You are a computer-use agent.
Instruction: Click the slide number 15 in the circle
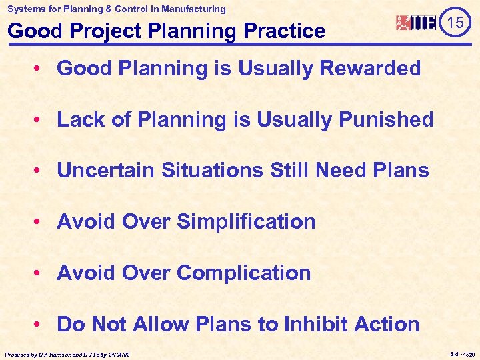455,23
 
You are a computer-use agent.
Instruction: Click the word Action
387,325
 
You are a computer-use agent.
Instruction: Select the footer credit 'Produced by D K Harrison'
67,355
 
